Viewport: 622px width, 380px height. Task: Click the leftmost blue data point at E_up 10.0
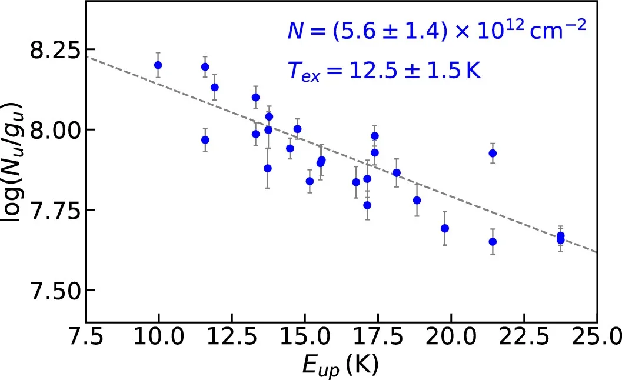tap(158, 65)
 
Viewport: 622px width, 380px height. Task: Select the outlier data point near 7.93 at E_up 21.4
tap(493, 154)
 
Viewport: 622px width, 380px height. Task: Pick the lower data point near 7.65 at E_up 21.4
tap(493, 242)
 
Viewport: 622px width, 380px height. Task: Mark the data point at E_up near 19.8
tap(445, 228)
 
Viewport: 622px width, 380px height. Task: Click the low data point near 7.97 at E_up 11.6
tap(205, 140)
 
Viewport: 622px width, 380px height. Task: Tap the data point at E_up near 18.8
tap(417, 200)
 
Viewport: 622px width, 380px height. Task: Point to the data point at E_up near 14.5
tap(290, 148)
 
